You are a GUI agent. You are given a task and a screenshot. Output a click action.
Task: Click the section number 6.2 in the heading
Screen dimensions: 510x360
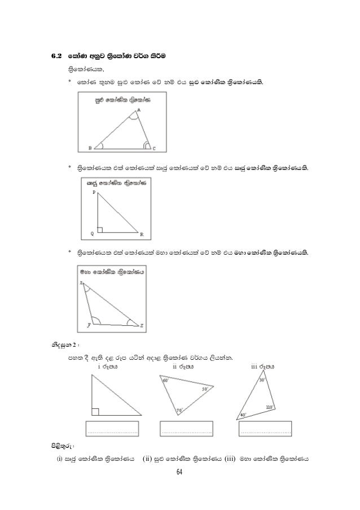pyautogui.click(x=54, y=57)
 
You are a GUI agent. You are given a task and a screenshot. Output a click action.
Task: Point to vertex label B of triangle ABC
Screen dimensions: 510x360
pyautogui.click(x=90, y=149)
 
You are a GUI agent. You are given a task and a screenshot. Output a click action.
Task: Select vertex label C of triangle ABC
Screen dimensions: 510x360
pyautogui.click(x=155, y=149)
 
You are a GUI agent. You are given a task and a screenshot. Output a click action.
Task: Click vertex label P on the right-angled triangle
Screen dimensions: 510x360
pyautogui.click(x=94, y=193)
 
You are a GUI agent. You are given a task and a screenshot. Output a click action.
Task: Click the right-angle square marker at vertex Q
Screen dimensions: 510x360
pyautogui.click(x=100, y=229)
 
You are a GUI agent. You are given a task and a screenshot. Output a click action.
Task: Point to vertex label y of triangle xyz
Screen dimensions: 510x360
pyautogui.click(x=88, y=325)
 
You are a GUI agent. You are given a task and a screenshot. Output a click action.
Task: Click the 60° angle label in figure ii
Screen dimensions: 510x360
pyautogui.click(x=166, y=381)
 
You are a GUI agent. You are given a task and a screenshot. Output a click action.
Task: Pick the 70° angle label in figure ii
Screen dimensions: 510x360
pyautogui.click(x=180, y=410)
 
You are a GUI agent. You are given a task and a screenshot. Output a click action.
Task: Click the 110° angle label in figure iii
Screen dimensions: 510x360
pyautogui.click(x=269, y=407)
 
